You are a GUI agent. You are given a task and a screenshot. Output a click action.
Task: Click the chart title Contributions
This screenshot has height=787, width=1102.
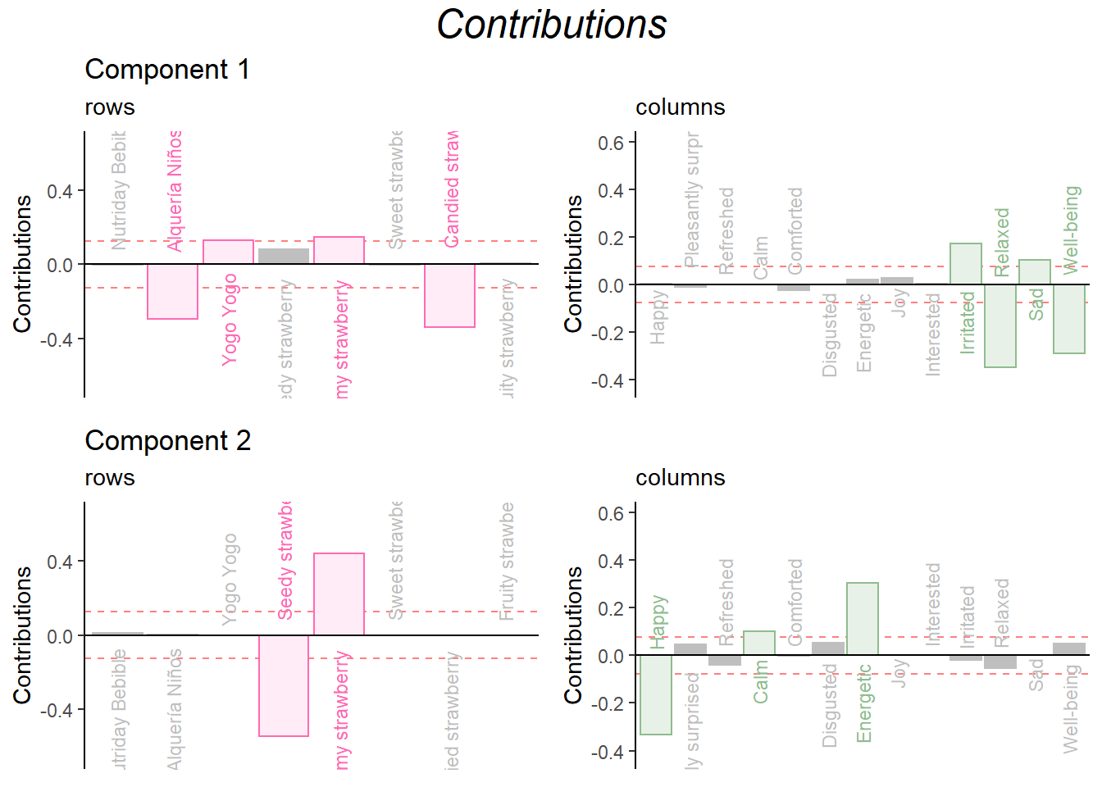coord(551,25)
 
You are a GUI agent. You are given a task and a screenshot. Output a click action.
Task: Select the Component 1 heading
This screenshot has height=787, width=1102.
coord(167,70)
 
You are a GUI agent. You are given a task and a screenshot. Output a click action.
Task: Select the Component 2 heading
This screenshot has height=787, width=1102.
coord(167,441)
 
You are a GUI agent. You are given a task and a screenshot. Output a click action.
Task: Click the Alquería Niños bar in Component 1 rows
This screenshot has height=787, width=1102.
coord(172,291)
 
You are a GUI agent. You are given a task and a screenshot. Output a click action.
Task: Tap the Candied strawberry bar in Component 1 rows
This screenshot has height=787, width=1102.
coord(449,295)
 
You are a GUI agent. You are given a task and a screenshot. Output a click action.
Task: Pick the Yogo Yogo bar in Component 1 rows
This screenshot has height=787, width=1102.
coord(228,252)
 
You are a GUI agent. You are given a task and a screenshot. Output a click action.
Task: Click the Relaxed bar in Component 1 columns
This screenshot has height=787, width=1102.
coord(1000,325)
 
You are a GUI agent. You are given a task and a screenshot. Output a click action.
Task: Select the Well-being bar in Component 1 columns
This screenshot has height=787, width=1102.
coord(1069,319)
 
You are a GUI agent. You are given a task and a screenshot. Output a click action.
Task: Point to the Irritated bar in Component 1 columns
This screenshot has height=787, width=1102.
coord(966,264)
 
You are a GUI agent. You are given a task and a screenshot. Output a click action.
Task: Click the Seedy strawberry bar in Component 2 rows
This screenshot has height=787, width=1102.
coord(284,685)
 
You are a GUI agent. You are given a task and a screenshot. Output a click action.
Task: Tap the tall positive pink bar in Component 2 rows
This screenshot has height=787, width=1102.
coord(339,594)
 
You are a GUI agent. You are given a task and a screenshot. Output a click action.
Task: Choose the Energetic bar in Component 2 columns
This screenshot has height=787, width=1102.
coord(863,618)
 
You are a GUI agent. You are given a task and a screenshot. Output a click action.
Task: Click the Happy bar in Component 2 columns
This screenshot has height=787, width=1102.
coord(656,694)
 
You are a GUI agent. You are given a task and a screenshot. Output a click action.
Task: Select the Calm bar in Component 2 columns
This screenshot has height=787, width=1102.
coord(759,643)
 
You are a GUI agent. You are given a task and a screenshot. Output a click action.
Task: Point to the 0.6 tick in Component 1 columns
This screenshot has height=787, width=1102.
coord(611,143)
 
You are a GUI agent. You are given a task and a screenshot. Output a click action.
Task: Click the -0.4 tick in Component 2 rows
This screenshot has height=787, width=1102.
coord(56,710)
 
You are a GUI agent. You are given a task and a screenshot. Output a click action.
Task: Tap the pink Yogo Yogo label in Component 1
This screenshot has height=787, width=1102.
coord(230,319)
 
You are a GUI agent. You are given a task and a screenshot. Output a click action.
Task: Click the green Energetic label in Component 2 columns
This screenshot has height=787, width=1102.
coord(864,703)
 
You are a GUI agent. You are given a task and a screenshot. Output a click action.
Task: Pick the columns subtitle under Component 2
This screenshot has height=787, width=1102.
coord(681,478)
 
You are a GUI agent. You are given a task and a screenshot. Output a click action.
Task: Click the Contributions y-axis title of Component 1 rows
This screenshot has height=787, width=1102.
coord(22,264)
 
